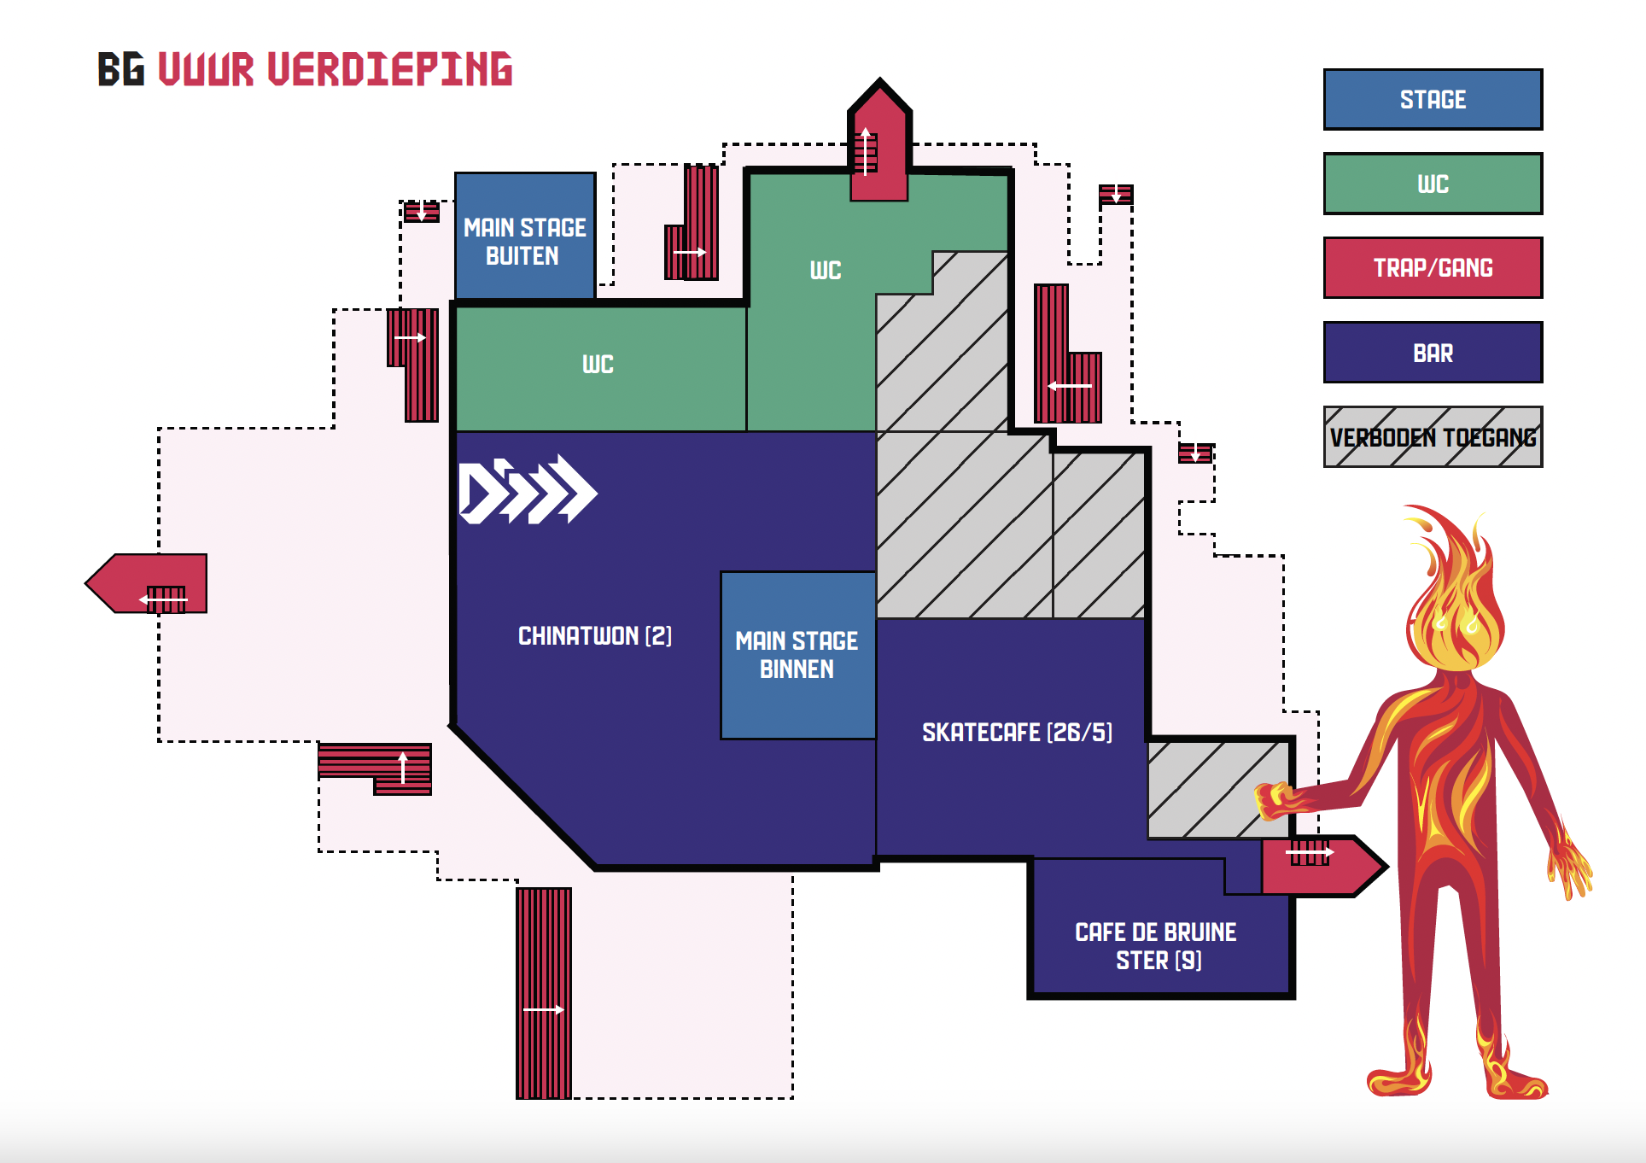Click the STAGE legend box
(x=1433, y=99)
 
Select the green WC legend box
(x=1433, y=184)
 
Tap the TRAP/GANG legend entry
(x=1433, y=268)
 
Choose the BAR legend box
(x=1433, y=353)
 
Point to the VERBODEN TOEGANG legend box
(x=1433, y=437)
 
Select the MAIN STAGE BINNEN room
(x=797, y=655)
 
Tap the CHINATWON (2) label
(x=595, y=636)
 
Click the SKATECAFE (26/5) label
(x=1017, y=733)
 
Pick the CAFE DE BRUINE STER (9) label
(x=1157, y=945)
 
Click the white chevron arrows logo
(x=528, y=490)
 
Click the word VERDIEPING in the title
(x=390, y=70)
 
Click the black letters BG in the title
(x=120, y=70)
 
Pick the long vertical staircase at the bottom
(x=544, y=993)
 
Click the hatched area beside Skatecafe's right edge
(x=1217, y=790)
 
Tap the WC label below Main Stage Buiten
(x=598, y=365)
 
